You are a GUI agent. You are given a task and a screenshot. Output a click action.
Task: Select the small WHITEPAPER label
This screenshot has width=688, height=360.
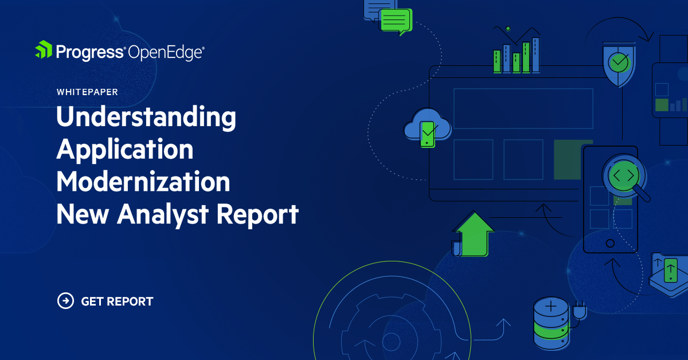coord(87,92)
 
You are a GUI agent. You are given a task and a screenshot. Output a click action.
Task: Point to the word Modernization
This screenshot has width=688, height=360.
coord(143,182)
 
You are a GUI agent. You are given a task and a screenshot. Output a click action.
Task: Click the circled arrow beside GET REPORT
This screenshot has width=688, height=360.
coord(65,300)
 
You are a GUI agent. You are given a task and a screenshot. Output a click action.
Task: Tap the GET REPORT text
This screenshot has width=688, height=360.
coord(117,301)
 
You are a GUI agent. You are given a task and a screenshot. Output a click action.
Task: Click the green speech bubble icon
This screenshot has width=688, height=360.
coord(396,21)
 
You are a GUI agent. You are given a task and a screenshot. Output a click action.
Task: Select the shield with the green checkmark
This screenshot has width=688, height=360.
coord(618,63)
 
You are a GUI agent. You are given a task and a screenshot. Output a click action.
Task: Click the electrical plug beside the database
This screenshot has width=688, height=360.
coord(579,311)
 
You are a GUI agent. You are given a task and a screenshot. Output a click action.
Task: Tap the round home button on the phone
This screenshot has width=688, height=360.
coord(610,242)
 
